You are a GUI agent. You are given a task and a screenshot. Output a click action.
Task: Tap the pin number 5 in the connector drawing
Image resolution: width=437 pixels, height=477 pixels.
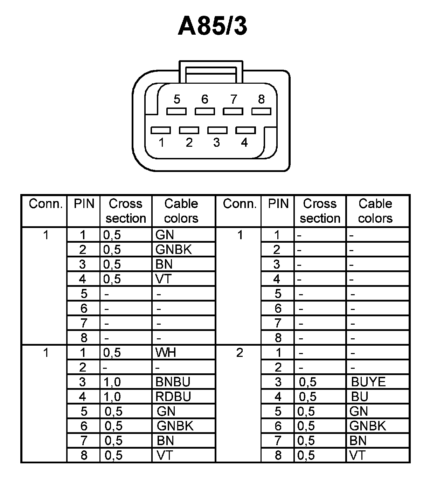click(177, 99)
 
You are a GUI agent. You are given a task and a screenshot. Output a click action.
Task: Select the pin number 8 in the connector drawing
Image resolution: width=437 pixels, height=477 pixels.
click(261, 99)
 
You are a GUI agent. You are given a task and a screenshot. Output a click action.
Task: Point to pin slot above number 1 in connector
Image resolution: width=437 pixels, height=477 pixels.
click(161, 130)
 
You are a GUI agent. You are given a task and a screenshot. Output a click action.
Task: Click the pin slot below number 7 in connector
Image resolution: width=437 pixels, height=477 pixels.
click(233, 111)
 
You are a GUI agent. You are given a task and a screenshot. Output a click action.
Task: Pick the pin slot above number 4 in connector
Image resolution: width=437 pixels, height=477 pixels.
click(245, 130)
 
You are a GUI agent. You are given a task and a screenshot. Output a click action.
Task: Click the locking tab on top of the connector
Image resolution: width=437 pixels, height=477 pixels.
click(210, 71)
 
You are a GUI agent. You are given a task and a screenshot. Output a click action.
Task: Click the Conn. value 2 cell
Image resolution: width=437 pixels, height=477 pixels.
click(240, 352)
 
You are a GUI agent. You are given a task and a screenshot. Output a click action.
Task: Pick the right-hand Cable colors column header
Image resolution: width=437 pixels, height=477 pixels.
click(375, 211)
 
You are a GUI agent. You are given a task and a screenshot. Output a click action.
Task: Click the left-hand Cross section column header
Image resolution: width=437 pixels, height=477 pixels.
click(126, 211)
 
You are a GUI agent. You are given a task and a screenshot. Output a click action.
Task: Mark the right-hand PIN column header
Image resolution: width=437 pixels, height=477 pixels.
click(278, 204)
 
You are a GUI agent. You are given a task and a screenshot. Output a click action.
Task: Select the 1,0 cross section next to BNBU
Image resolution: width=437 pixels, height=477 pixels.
click(112, 382)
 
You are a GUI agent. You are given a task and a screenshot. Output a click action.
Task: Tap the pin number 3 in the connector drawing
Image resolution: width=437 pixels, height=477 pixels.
click(216, 143)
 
